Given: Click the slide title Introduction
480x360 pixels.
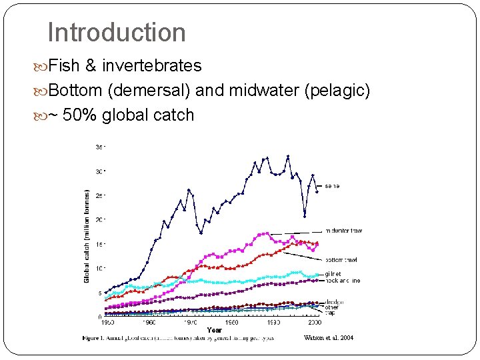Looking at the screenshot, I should pyautogui.click(x=117, y=32).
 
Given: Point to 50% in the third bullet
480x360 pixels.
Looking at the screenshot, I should pyautogui.click(x=83, y=115).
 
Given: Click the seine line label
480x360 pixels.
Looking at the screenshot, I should pyautogui.click(x=332, y=186).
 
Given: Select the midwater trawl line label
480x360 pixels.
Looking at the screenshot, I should pyautogui.click(x=343, y=231).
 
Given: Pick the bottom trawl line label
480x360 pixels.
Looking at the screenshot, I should pyautogui.click(x=341, y=259).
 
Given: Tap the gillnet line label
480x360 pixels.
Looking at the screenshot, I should pyautogui.click(x=333, y=274).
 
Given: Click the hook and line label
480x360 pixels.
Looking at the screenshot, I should pyautogui.click(x=343, y=281).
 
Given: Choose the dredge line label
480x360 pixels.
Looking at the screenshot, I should pyautogui.click(x=334, y=302).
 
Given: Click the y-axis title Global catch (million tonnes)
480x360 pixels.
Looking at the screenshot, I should pyautogui.click(x=87, y=235).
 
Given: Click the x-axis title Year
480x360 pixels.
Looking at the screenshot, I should pyautogui.click(x=215, y=330).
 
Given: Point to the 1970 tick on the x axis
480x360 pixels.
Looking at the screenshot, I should pyautogui.click(x=191, y=322).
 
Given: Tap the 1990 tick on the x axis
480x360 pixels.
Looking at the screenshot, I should pyautogui.click(x=273, y=322).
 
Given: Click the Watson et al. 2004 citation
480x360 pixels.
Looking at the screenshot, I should pyautogui.click(x=328, y=338).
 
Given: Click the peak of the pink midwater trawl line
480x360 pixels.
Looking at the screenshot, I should pyautogui.click(x=267, y=233).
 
